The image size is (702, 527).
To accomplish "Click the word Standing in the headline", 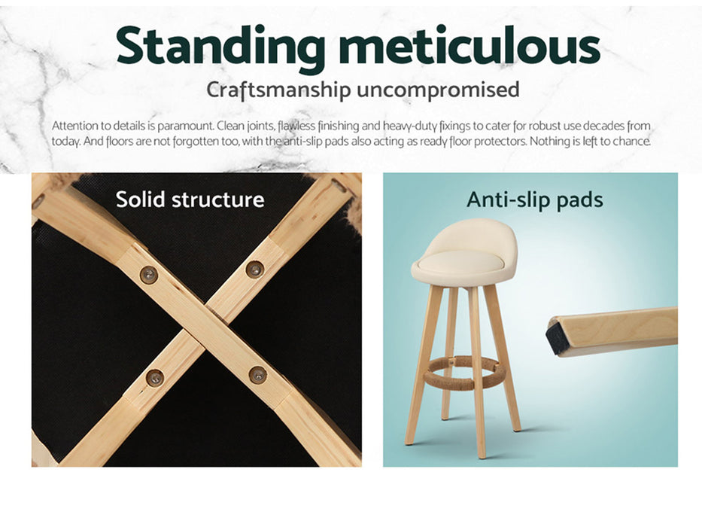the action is point(220,47).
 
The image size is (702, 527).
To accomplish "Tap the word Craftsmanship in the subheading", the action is point(278,90).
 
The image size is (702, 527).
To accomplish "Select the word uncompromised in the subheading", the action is point(438,90).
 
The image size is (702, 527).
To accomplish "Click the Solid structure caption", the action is point(190,200).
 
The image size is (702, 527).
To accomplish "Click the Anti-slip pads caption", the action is point(534,200).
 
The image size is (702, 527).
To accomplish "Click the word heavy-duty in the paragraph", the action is point(409,126).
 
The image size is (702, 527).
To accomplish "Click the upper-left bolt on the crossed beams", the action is point(149,274).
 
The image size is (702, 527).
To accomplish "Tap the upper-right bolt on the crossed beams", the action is point(255,270).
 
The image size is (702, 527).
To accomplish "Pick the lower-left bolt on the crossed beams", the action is point(155,378).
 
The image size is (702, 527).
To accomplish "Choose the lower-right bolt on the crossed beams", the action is point(258,375).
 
